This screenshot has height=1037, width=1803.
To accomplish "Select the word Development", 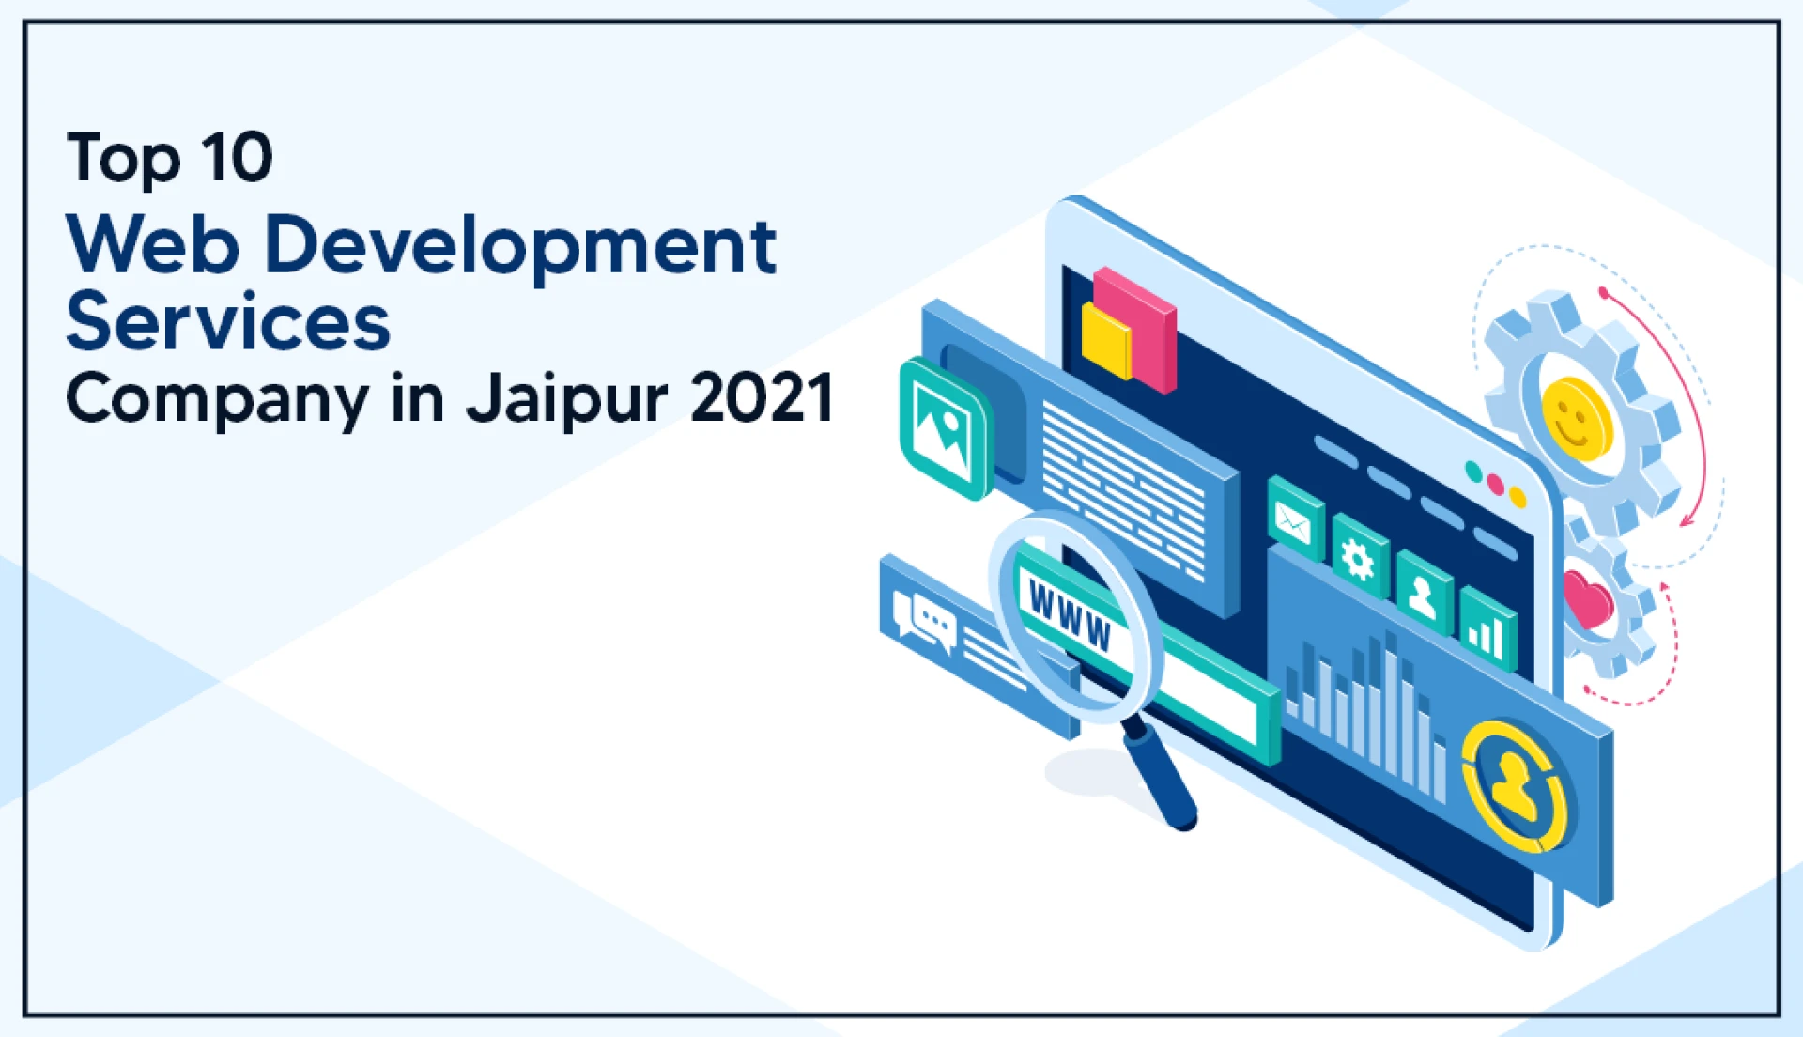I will (521, 246).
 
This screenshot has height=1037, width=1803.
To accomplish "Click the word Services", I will (228, 322).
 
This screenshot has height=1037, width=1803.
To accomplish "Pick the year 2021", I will (762, 397).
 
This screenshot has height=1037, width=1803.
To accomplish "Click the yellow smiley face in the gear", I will (1577, 419).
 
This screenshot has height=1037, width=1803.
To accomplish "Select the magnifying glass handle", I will (1161, 775).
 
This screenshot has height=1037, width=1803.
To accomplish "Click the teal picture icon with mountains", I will (945, 429).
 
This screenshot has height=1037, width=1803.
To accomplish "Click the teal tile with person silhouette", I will (1424, 594).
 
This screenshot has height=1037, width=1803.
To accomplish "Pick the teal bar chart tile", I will (1487, 631).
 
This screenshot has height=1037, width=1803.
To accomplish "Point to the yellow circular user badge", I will (1514, 786).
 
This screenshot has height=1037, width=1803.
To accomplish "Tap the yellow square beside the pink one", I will (1105, 341).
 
